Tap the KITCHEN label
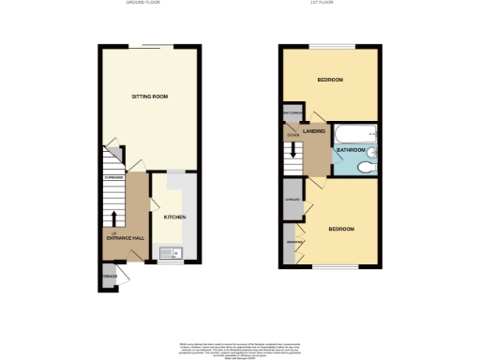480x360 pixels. pyautogui.click(x=175, y=217)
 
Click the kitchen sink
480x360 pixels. pyautogui.click(x=169, y=250)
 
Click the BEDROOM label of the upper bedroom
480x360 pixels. pyautogui.click(x=329, y=80)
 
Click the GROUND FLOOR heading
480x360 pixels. pyautogui.click(x=142, y=4)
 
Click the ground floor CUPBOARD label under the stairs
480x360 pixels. pyautogui.click(x=113, y=174)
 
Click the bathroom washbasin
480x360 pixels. pyautogui.click(x=373, y=150)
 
